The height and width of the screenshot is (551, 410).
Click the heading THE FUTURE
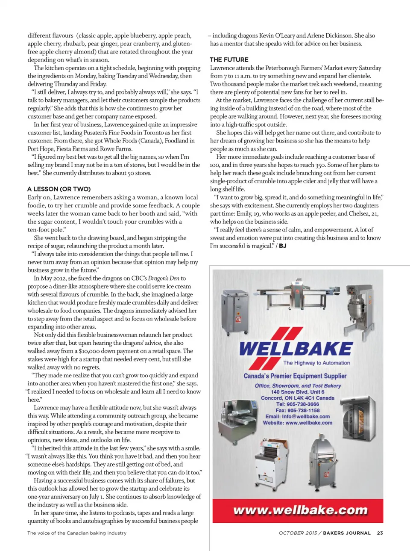(229, 59)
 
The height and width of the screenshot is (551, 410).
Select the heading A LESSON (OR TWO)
(59, 189)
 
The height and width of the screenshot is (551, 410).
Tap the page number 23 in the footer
(380, 533)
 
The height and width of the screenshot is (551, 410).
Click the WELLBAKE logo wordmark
(296, 349)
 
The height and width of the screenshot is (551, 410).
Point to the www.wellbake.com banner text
(300, 510)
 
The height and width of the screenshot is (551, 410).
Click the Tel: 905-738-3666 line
(297, 404)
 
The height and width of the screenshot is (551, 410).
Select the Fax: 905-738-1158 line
(297, 410)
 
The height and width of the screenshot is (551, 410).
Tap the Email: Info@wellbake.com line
(297, 416)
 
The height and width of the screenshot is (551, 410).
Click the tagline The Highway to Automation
(316, 363)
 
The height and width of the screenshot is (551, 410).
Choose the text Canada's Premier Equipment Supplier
(295, 376)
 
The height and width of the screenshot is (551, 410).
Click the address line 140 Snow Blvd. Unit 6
(297, 392)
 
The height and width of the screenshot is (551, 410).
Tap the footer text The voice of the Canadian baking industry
(77, 533)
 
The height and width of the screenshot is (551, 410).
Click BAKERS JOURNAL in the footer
(347, 533)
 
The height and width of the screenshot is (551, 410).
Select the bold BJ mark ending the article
(283, 246)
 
